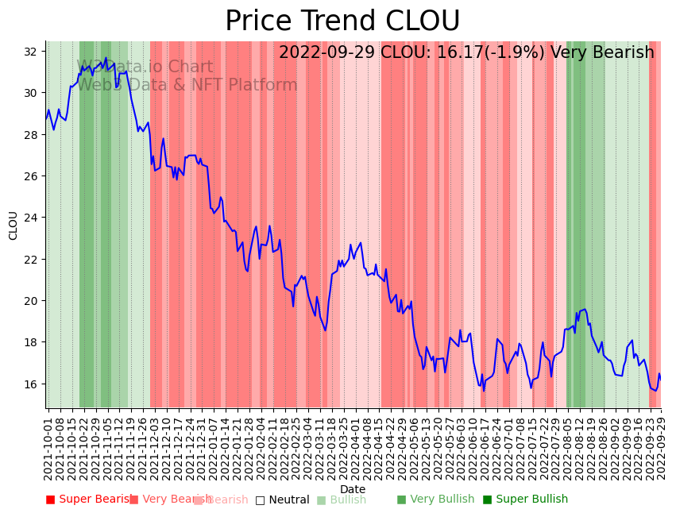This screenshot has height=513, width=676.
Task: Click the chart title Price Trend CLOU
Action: point(342,21)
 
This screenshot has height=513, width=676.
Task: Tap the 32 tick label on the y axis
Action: point(31,52)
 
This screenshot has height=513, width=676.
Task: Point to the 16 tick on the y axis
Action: point(31,384)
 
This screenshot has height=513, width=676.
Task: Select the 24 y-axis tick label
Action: point(31,218)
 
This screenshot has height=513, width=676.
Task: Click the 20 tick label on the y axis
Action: point(31,301)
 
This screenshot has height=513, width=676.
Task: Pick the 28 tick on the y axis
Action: point(31,135)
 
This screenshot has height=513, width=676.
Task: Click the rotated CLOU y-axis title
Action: point(13,226)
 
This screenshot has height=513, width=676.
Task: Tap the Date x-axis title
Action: point(353,490)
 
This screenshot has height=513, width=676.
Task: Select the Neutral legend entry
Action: point(282,499)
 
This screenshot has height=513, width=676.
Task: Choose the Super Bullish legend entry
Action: point(525,499)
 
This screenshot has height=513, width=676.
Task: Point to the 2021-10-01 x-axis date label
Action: point(48,449)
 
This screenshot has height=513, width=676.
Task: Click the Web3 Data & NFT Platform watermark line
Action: point(187,85)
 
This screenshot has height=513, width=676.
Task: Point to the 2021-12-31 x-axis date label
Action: point(202,449)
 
